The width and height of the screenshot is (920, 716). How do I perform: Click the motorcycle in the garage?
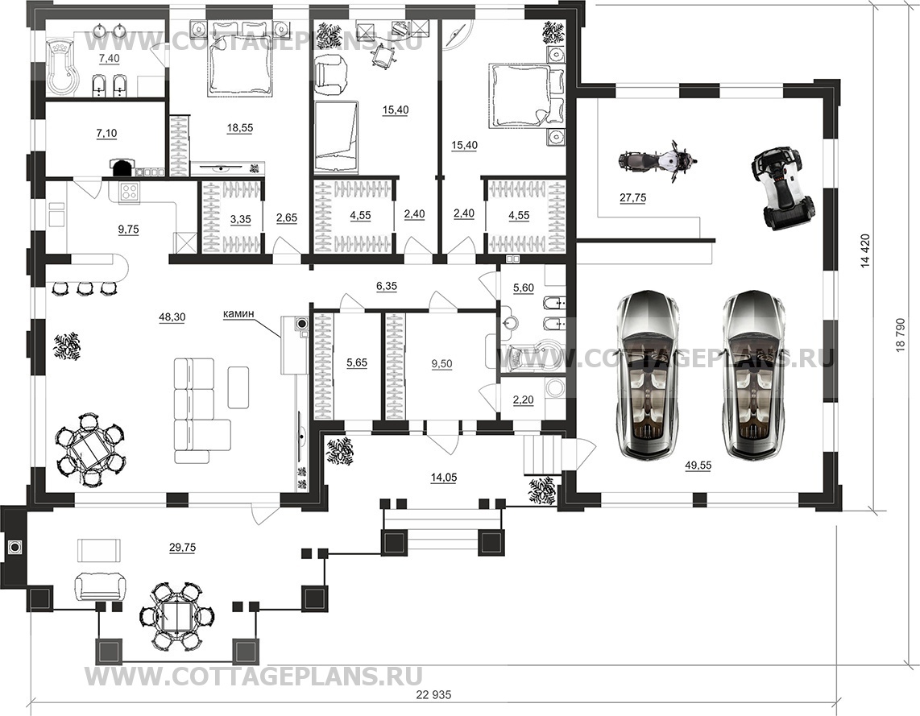click(658, 159)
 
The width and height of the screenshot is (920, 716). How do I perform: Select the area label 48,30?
click(172, 317)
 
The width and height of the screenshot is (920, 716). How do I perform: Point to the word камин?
click(238, 314)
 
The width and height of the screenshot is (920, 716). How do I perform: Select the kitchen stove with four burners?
click(129, 191)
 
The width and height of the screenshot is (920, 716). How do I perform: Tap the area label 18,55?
click(239, 127)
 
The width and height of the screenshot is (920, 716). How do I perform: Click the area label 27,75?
click(632, 197)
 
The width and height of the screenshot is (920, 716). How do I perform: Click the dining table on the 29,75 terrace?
click(176, 615)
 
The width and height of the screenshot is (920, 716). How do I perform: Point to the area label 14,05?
click(444, 478)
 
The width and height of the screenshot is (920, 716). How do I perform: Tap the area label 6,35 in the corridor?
click(387, 287)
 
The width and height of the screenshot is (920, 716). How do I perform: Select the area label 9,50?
click(441, 363)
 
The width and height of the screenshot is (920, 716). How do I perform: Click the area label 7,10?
click(106, 133)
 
